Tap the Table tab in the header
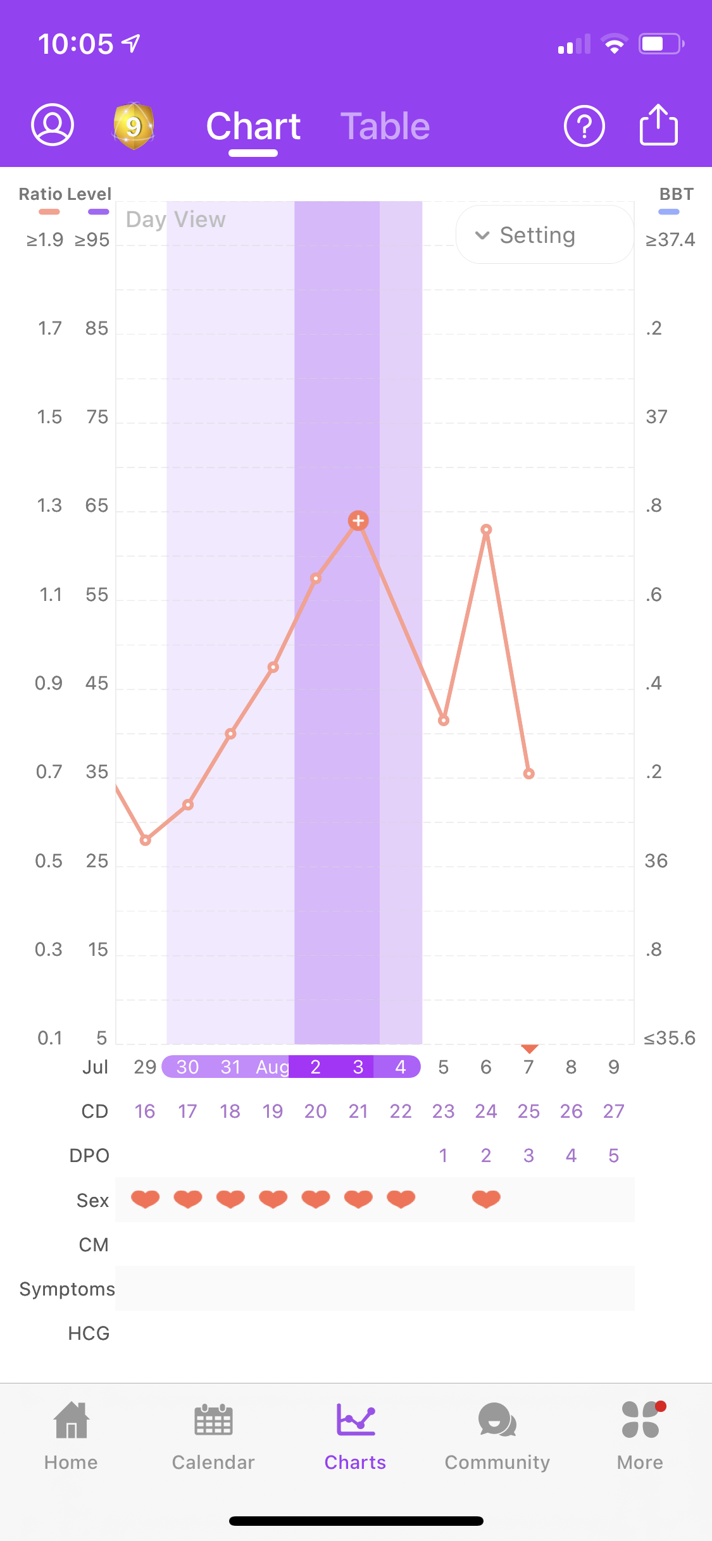coord(385,127)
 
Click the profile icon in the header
coord(53,125)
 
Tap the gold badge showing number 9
coord(133,126)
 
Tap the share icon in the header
coord(658,125)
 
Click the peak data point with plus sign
coord(358,521)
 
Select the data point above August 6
coord(486,529)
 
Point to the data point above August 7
coord(529,774)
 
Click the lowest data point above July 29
coord(146,840)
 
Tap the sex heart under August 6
coord(486,1199)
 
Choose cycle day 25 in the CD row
coord(528,1111)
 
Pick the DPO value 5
coord(613,1156)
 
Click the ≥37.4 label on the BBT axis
coord(670,240)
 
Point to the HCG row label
coord(89,1334)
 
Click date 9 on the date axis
coord(613,1067)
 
